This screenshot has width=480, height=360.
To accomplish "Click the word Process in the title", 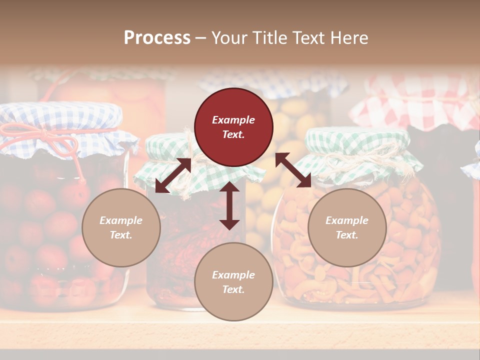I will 157,38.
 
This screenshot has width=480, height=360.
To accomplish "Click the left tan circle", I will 121,227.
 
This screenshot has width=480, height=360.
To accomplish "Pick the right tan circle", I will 347,227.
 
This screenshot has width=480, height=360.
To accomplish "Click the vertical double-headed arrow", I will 229,205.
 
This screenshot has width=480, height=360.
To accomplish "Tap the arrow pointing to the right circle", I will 293,170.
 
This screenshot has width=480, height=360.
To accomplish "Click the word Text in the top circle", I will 233,134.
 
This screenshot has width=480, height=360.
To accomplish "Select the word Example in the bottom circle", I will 233,275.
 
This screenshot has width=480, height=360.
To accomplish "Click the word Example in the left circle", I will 121,220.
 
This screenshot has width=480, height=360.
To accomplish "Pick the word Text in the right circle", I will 346,235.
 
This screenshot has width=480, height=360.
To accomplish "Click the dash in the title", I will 201,38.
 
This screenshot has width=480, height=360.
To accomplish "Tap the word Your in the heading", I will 230,38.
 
